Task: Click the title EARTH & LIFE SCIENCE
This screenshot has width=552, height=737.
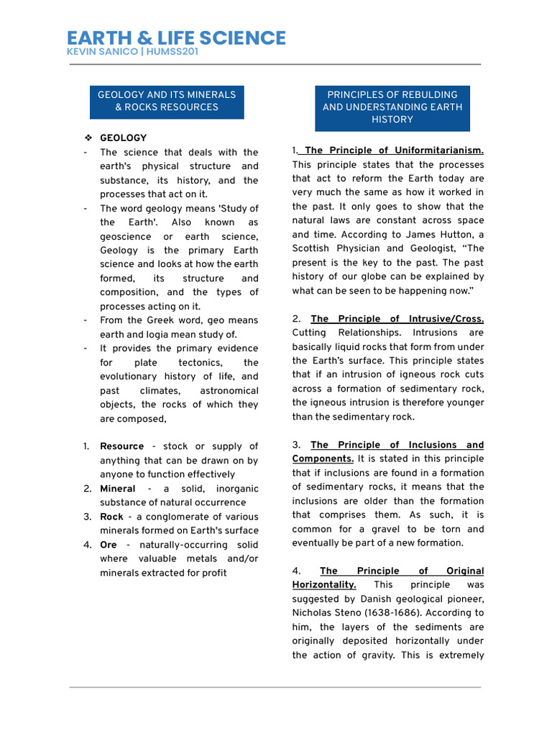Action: point(176,38)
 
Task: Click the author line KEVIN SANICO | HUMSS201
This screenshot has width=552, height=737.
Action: point(132,52)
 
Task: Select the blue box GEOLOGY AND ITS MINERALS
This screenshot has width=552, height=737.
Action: point(167,101)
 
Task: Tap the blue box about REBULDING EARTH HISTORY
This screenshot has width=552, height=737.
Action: point(392,107)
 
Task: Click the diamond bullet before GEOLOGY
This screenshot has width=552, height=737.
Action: point(86,137)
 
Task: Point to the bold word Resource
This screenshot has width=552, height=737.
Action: point(121,446)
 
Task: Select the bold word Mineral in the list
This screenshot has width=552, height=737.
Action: point(118,489)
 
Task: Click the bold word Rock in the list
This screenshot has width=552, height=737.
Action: point(111,517)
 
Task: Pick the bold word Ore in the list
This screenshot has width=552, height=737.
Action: point(109,545)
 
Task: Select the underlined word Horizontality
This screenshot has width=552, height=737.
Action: point(324,585)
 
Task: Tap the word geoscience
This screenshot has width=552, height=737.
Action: point(126,237)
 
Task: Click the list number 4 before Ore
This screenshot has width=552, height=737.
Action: point(87,545)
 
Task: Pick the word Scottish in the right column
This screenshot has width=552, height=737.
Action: point(312,248)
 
